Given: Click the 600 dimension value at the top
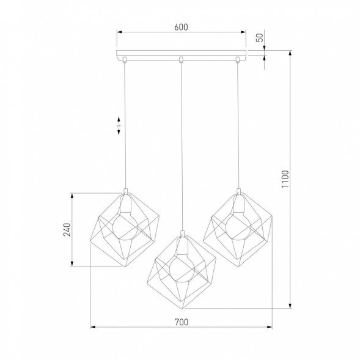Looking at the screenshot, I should [180, 26].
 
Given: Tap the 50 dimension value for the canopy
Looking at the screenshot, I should [259, 37].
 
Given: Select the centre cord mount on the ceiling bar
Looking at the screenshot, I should [181, 59].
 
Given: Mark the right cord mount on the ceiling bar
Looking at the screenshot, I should [238, 59].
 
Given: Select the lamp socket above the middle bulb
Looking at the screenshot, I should [181, 243].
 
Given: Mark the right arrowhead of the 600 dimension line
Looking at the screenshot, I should [243, 32].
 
